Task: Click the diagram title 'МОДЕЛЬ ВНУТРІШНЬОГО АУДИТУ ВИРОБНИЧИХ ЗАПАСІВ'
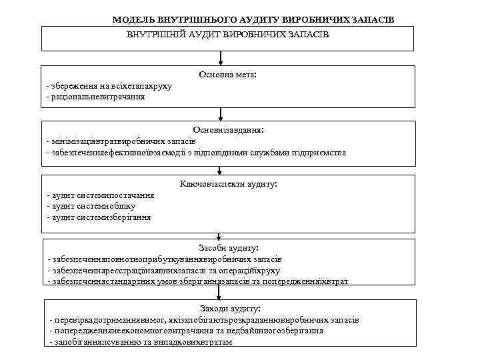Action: tap(253, 20)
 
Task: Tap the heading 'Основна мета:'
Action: tap(227, 75)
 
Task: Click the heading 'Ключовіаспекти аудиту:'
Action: tap(228, 183)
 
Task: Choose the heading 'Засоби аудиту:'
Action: tap(229, 247)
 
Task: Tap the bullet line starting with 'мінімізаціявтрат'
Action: tap(121, 141)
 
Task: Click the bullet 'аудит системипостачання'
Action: tap(101, 195)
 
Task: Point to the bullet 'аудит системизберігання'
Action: tap(99, 217)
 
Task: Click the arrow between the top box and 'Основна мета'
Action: tap(221, 59)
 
